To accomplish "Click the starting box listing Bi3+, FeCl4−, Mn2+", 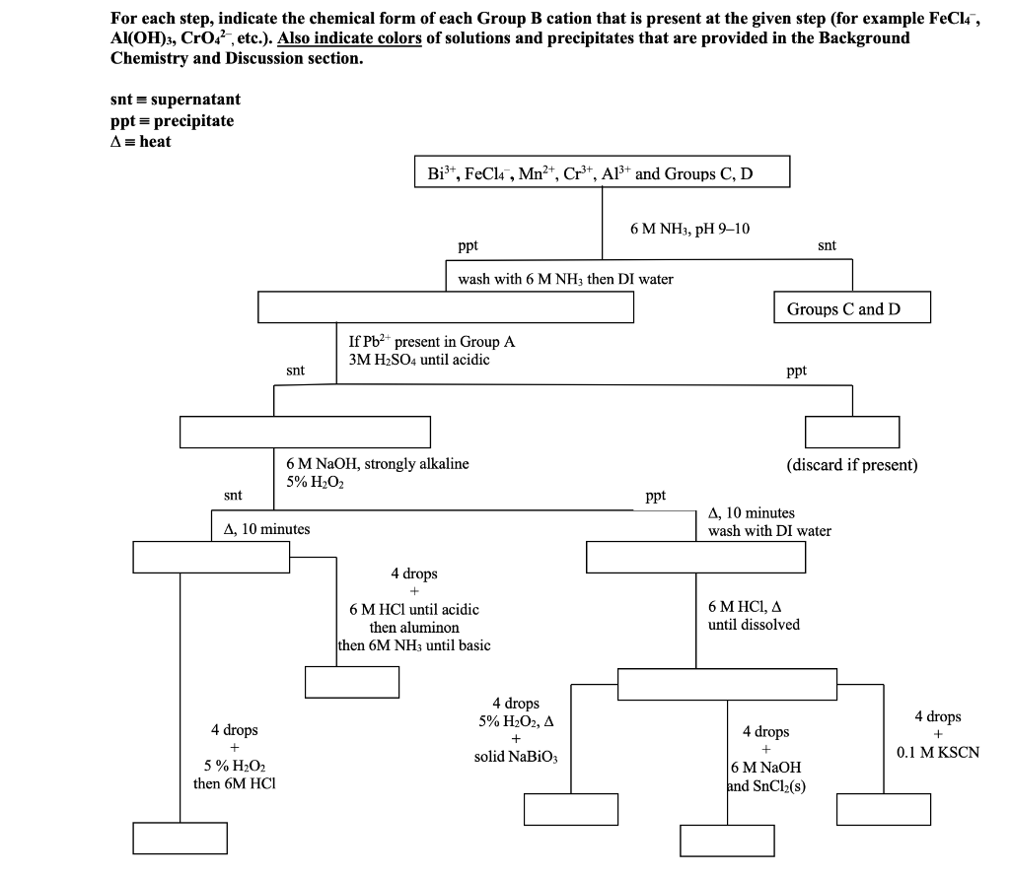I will pos(602,172).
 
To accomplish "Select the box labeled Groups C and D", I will pos(851,308).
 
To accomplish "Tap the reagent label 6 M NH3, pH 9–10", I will pos(689,229).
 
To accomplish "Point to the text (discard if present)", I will pos(852,464).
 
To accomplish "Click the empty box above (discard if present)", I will pos(852,432).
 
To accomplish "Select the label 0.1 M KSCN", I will pos(938,753).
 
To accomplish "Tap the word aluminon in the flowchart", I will pos(414,628).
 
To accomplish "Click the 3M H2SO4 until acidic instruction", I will pos(419,359).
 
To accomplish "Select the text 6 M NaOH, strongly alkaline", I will pos(378,463).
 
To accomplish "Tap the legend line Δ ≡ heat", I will pos(141,141).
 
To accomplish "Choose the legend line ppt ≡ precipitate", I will pos(173,120).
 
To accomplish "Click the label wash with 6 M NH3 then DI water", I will pos(565,279).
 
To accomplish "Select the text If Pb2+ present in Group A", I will pos(432,341).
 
